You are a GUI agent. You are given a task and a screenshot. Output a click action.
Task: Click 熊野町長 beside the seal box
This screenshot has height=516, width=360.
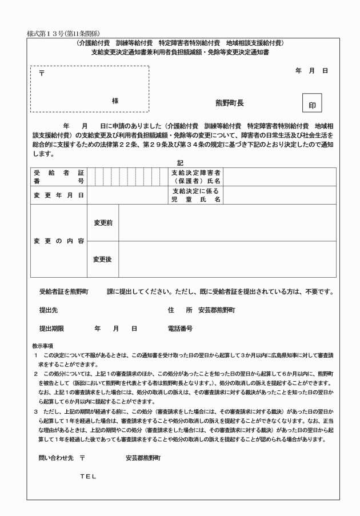(x=230, y=103)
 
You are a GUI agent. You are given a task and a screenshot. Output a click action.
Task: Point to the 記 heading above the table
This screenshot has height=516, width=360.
(x=181, y=162)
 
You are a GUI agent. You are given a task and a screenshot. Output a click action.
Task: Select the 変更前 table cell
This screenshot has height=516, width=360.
(x=102, y=223)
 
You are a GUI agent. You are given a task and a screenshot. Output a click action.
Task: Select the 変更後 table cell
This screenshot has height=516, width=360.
(x=102, y=259)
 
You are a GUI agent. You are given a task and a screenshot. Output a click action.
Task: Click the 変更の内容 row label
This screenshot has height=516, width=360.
(x=59, y=241)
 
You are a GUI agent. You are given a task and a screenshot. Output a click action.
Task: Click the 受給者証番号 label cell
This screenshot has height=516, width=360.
(x=59, y=177)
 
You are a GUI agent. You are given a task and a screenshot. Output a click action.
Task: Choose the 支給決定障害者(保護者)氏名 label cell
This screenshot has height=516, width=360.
(x=196, y=177)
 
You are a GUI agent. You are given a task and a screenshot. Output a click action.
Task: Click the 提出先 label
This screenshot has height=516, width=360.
(x=47, y=310)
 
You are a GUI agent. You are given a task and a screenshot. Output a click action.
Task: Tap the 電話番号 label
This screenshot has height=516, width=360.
(x=180, y=329)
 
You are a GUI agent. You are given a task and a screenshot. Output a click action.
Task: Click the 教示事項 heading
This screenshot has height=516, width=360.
(x=43, y=346)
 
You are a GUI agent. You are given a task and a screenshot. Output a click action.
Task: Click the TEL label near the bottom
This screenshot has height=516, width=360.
(x=88, y=476)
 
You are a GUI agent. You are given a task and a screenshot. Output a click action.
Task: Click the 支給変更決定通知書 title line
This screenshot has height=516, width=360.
(x=180, y=52)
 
